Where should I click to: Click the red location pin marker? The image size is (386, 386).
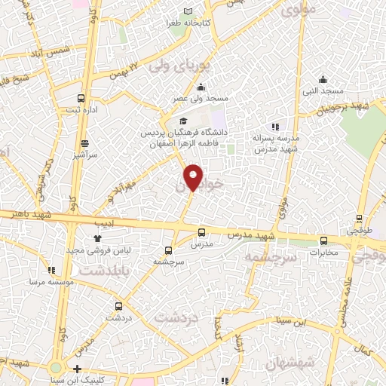pyautogui.click(x=194, y=176)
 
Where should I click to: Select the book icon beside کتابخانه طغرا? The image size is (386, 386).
pyautogui.click(x=209, y=11)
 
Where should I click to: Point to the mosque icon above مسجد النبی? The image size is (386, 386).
pyautogui.click(x=323, y=80)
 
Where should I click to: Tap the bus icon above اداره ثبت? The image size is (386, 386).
pyautogui.click(x=81, y=98)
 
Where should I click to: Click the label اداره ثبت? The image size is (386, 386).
pyautogui.click(x=81, y=111)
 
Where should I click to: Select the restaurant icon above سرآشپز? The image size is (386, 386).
pyautogui.click(x=84, y=142)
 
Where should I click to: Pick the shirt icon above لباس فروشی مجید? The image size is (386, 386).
pyautogui.click(x=97, y=238)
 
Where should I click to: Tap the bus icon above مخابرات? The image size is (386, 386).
pyautogui.click(x=323, y=241)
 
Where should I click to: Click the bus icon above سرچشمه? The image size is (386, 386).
pyautogui.click(x=167, y=250)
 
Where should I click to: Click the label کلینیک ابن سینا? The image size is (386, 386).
pyautogui.click(x=112, y=369)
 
